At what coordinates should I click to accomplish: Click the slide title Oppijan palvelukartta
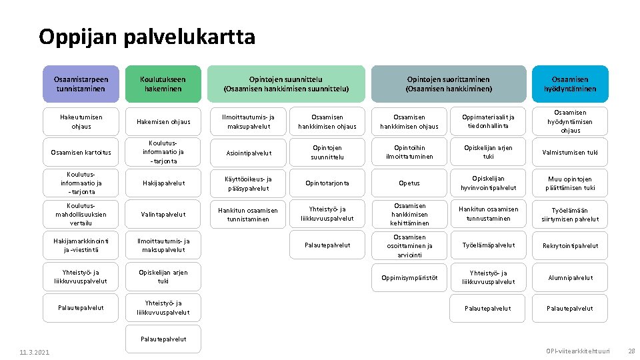pyautogui.click(x=147, y=36)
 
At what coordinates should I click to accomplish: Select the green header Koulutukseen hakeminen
pyautogui.click(x=163, y=84)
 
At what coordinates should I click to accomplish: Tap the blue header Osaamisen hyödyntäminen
pyautogui.click(x=570, y=84)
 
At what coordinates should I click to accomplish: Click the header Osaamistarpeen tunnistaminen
pyautogui.click(x=81, y=84)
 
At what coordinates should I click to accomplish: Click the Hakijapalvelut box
pyautogui.click(x=163, y=183)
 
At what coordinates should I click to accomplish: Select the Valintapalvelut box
pyautogui.click(x=163, y=215)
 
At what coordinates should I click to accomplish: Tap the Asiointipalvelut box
pyautogui.click(x=247, y=153)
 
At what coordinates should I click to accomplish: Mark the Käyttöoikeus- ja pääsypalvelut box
pyautogui.click(x=247, y=183)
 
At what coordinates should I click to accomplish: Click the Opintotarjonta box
pyautogui.click(x=327, y=183)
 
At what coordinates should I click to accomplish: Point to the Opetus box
pyautogui.click(x=409, y=183)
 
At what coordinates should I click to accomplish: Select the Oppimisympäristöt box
pyautogui.click(x=409, y=277)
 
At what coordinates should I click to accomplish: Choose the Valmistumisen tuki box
pyautogui.click(x=570, y=153)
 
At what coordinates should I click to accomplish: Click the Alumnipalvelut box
pyautogui.click(x=570, y=277)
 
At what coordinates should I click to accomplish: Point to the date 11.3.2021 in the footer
pyautogui.click(x=33, y=352)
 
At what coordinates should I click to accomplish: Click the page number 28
pyautogui.click(x=630, y=351)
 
